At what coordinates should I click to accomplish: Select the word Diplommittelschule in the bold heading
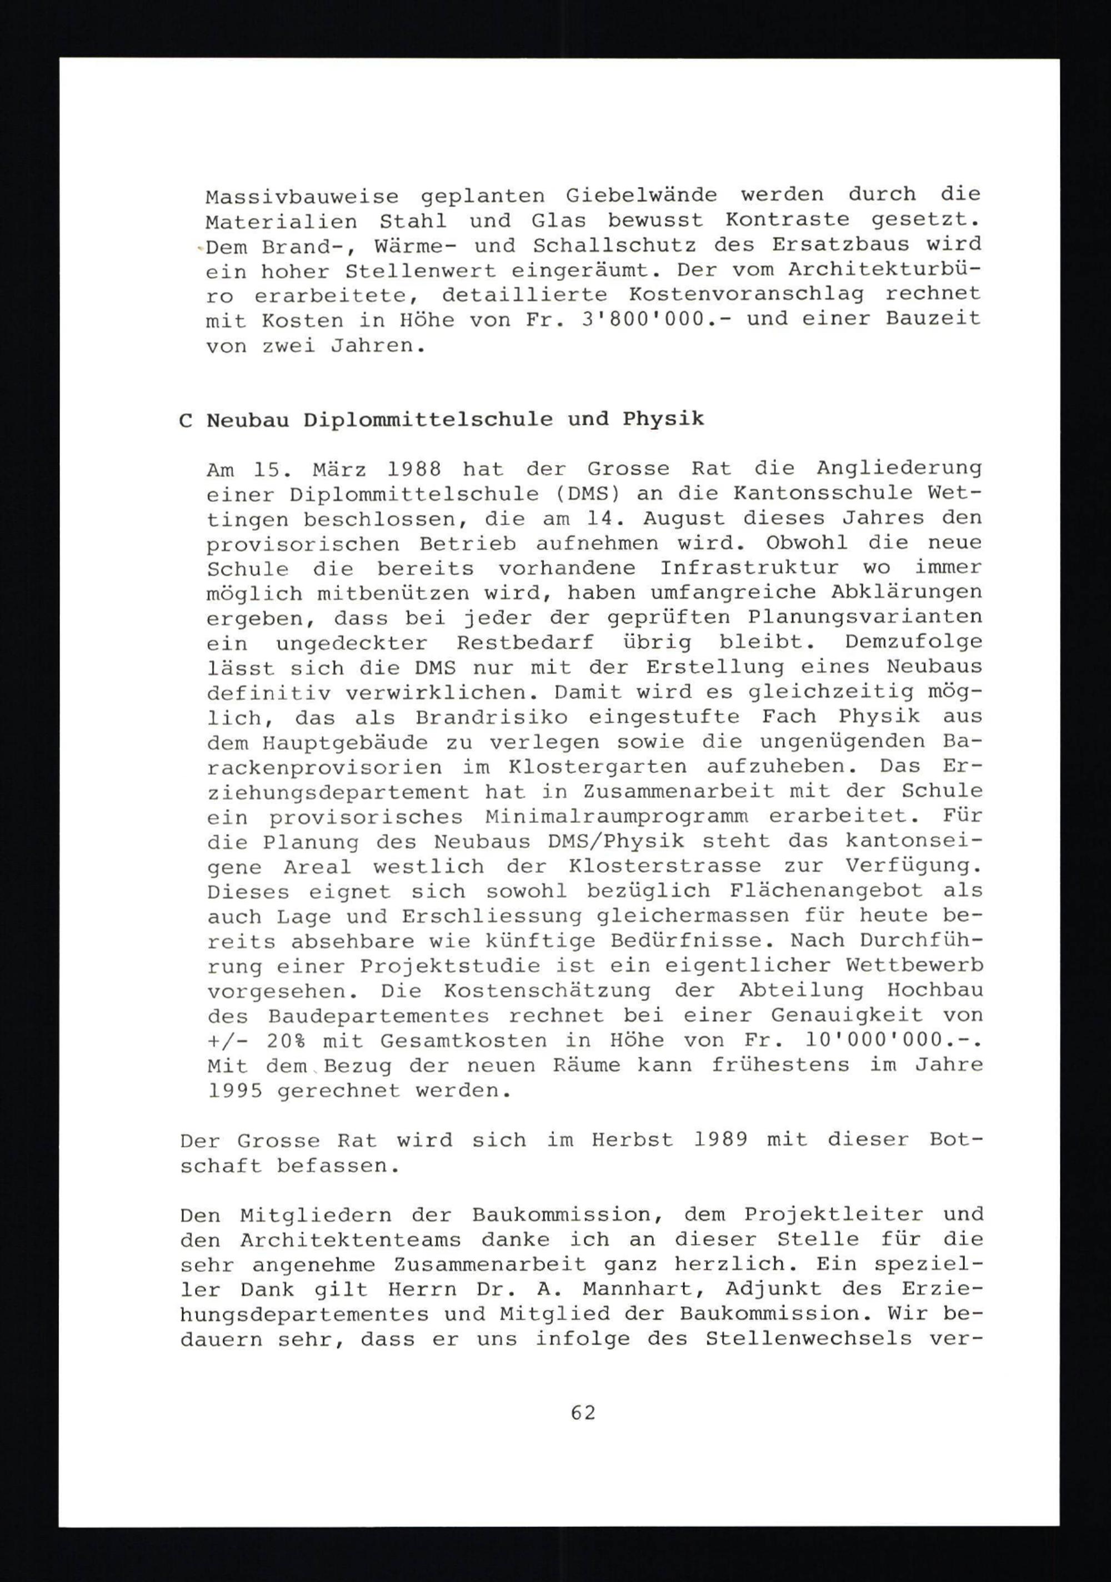428,420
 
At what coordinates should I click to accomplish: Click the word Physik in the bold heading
663,420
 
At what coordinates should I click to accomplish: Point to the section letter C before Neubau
185,420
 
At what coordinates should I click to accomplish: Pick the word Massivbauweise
302,197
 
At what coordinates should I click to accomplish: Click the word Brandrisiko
492,717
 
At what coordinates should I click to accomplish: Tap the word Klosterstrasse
664,867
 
